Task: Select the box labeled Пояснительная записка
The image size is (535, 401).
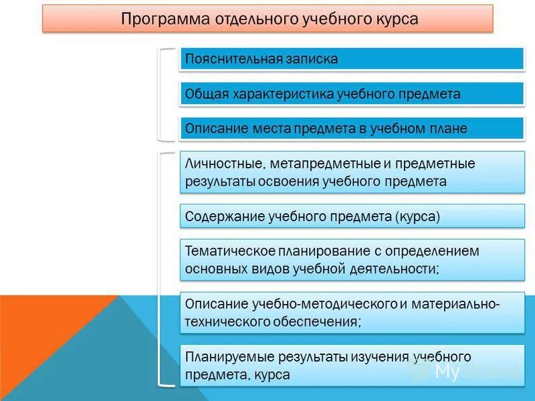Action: [352, 59]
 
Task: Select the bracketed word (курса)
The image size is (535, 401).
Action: [417, 217]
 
